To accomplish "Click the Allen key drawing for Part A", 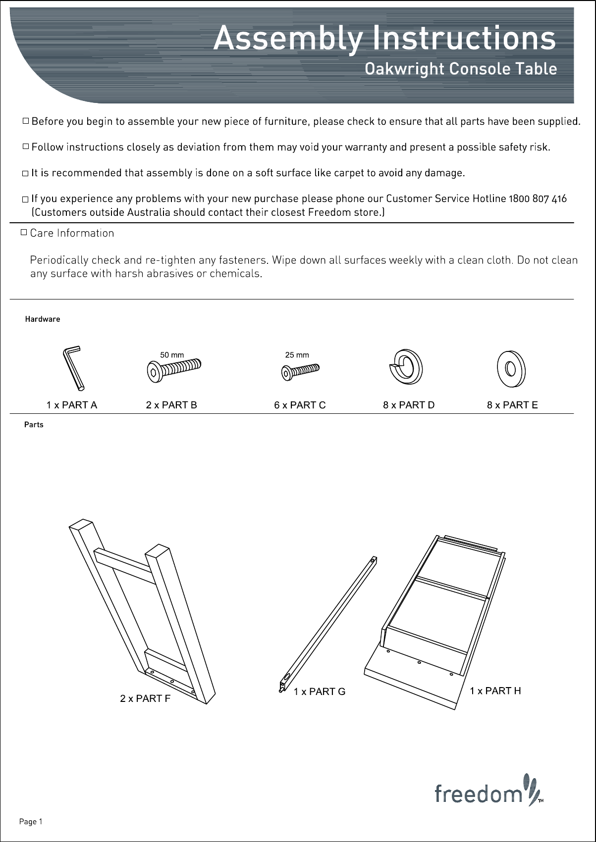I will (73, 368).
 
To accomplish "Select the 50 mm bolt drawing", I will (174, 369).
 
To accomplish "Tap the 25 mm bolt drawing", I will (300, 371).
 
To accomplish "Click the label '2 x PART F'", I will (145, 698).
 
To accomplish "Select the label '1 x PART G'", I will (320, 692).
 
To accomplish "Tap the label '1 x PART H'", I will (495, 691).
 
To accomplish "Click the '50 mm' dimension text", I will (172, 355).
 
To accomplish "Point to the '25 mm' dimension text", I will (297, 355).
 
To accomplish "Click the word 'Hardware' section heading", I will (43, 319).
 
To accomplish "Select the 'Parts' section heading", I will (34, 425).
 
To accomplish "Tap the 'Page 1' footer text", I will (31, 822).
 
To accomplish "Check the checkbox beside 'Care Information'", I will (23, 232).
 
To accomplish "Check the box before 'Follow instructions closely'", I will (26, 147).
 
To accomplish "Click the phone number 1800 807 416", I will (538, 199).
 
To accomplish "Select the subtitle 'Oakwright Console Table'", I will (461, 69).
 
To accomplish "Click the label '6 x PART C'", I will (300, 405).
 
